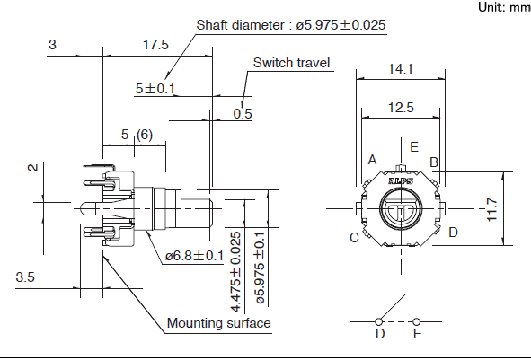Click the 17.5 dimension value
(155, 45)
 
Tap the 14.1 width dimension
(401, 69)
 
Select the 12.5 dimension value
(401, 108)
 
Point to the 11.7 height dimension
(491, 209)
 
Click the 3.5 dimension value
(25, 277)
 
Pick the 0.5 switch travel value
(243, 114)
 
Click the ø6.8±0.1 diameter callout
(194, 256)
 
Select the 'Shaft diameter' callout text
(290, 25)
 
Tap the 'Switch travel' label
(292, 63)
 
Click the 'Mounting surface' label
(218, 323)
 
